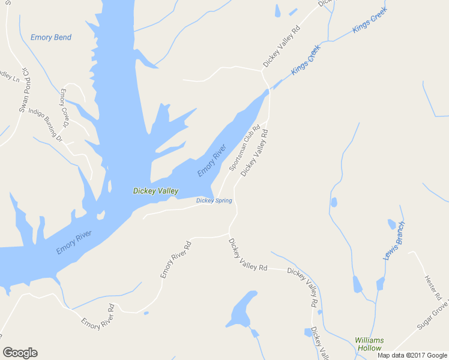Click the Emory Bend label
click(51, 37)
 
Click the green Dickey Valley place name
click(155, 191)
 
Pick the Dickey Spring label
click(214, 200)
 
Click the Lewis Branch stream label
click(394, 241)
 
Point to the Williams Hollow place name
click(369, 344)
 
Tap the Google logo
click(20, 353)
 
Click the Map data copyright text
click(412, 355)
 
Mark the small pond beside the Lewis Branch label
click(391, 224)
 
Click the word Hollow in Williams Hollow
click(369, 348)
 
